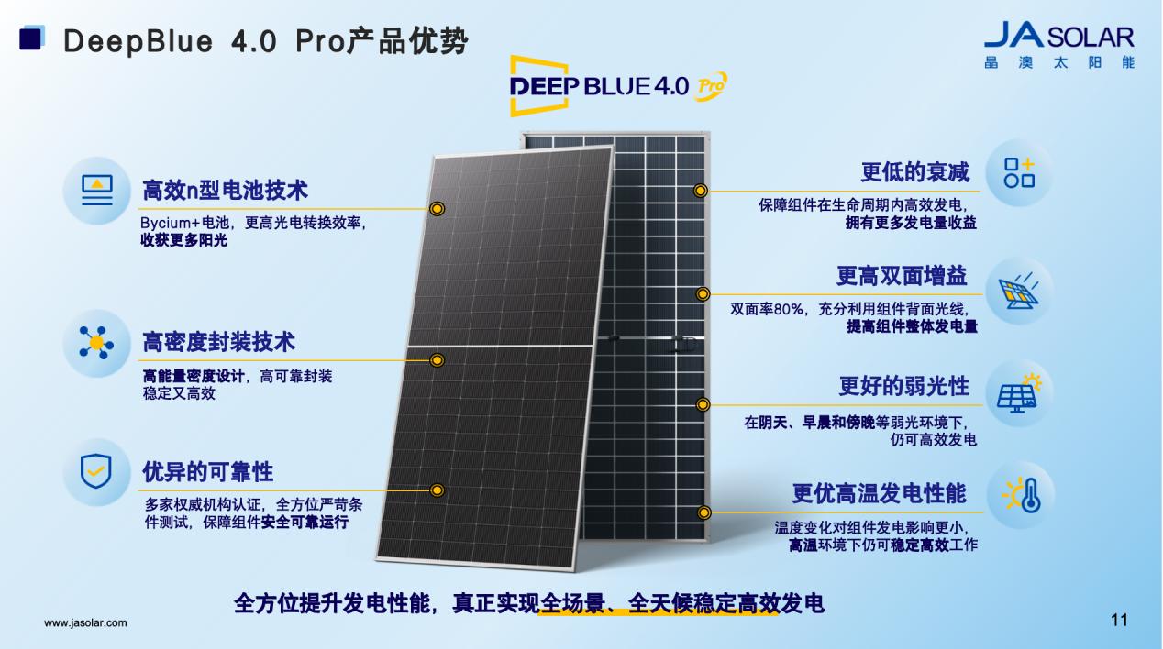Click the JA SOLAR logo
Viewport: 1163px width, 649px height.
click(x=1059, y=46)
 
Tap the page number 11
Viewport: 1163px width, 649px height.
click(x=1119, y=620)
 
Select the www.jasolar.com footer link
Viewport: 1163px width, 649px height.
click(x=85, y=622)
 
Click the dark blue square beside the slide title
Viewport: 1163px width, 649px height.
click(x=30, y=38)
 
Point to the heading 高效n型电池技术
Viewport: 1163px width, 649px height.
click(x=225, y=191)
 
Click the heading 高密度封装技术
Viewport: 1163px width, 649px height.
click(x=218, y=342)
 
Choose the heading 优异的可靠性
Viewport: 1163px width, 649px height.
click(x=207, y=471)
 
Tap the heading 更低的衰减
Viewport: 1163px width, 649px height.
click(x=914, y=171)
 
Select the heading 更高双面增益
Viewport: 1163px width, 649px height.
click(x=902, y=276)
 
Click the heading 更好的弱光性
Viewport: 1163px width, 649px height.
click(x=904, y=386)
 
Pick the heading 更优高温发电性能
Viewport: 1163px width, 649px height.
click(x=879, y=493)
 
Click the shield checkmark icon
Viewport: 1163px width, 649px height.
click(x=96, y=471)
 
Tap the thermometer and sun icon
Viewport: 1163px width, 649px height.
click(x=1022, y=494)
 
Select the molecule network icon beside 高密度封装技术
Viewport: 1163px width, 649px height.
click(x=96, y=343)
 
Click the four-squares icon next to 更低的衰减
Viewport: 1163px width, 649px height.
click(x=1019, y=172)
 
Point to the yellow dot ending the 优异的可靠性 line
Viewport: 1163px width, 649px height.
click(x=438, y=490)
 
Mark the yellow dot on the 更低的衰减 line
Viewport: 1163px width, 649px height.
click(x=700, y=191)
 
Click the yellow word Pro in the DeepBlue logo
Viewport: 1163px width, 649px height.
click(x=710, y=86)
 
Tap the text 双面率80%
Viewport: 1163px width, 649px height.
click(x=767, y=309)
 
